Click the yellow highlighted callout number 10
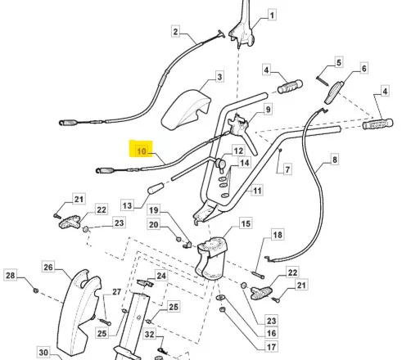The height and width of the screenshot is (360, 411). point(141,151)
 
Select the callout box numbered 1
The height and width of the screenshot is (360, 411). point(271,15)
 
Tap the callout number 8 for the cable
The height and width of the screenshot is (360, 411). point(334,160)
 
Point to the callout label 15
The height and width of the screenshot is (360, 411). point(246,223)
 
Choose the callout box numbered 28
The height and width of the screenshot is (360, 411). point(11,275)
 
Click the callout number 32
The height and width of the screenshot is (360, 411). point(149,334)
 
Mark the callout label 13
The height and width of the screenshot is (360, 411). point(127,205)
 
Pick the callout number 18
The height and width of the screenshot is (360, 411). point(278,235)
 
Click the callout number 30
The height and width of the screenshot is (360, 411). point(43,353)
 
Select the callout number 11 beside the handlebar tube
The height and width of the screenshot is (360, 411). point(257,191)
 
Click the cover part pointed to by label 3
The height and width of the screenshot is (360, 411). point(186,109)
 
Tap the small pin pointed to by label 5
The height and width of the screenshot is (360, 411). point(322,81)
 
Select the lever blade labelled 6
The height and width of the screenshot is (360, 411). point(334,92)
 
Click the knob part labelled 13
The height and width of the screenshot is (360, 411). point(156,188)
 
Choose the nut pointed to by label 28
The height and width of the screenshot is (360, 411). point(35,290)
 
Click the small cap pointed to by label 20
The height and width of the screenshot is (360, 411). point(178,239)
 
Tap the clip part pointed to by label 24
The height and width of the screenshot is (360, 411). point(145,283)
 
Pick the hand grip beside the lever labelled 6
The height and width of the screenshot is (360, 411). point(378,124)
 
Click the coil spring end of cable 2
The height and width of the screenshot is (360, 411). point(69,123)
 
